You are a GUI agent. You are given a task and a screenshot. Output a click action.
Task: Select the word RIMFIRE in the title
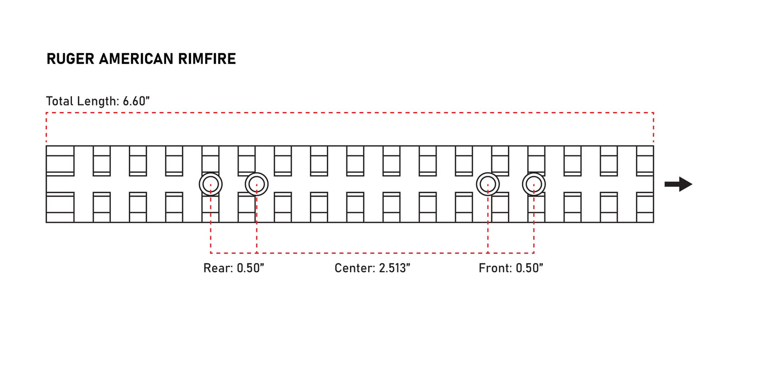tap(207, 58)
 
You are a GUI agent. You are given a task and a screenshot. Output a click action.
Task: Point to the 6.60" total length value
tap(136, 101)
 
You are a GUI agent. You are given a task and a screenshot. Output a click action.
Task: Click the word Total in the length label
tap(60, 101)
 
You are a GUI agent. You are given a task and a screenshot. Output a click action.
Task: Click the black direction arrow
tap(678, 184)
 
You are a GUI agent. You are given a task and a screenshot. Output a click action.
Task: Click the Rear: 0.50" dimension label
tap(234, 268)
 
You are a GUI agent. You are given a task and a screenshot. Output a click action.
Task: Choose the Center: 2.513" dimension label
tap(372, 268)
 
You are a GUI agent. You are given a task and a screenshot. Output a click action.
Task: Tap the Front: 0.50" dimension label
tap(511, 268)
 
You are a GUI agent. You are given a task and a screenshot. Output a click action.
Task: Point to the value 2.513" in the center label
tap(395, 268)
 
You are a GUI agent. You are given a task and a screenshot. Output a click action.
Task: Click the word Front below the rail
tap(495, 268)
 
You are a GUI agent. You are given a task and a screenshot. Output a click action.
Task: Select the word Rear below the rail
tap(218, 268)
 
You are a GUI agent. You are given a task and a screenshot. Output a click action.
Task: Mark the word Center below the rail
tap(354, 268)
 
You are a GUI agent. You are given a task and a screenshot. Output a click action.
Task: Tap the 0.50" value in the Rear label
tap(251, 268)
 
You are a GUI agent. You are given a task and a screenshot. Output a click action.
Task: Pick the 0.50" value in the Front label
tap(530, 268)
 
